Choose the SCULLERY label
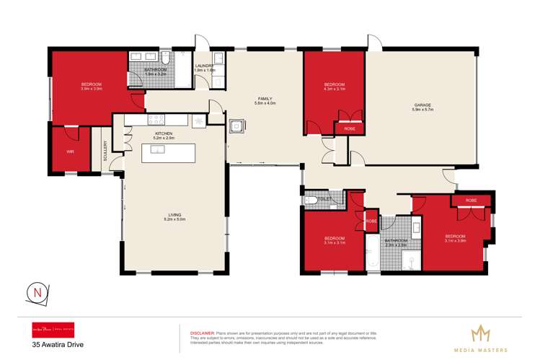tap(105, 152)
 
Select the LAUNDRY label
tap(205, 66)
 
